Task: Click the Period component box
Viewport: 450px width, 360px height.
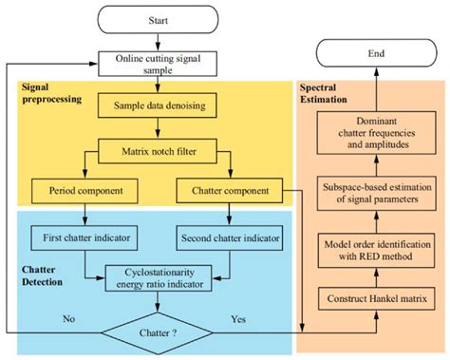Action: coord(87,191)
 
